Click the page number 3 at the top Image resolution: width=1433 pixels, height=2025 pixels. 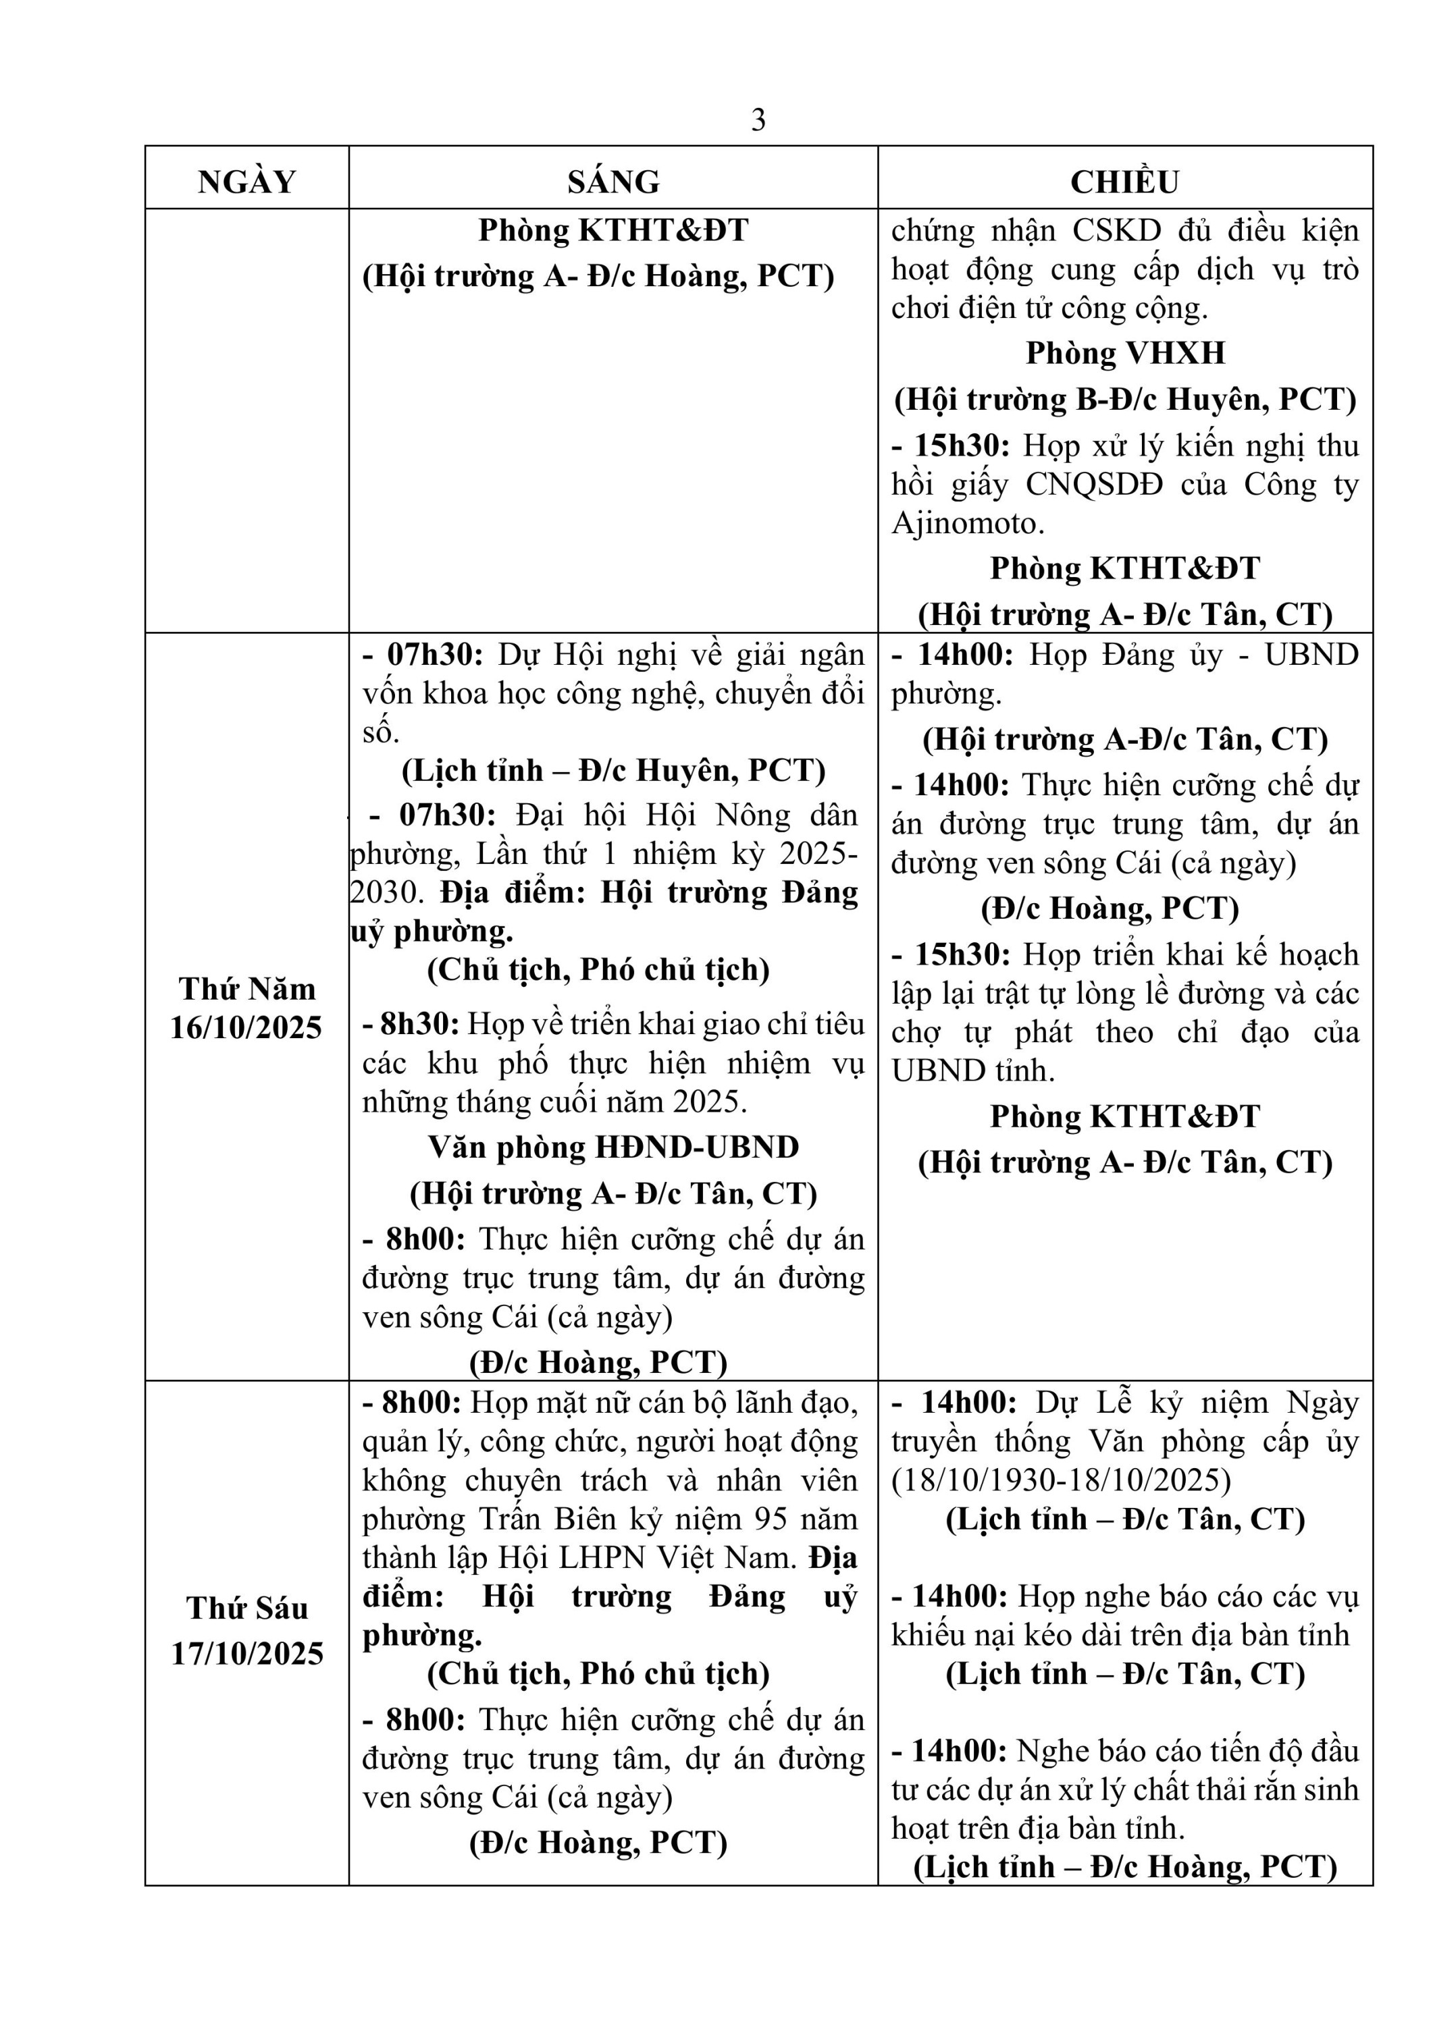(x=758, y=120)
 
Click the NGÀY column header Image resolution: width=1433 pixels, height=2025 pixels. (x=247, y=182)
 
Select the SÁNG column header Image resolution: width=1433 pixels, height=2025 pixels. (x=613, y=182)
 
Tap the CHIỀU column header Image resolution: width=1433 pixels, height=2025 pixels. (x=1124, y=182)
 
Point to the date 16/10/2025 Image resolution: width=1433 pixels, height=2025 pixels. (x=246, y=1029)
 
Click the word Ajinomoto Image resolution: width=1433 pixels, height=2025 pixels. (x=968, y=524)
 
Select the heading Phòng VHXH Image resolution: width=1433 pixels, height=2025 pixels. (x=1125, y=354)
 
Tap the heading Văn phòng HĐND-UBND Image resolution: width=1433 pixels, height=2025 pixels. (x=613, y=1147)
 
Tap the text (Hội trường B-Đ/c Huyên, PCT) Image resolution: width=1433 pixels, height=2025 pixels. (x=1125, y=400)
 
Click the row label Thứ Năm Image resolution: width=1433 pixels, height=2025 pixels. (x=247, y=990)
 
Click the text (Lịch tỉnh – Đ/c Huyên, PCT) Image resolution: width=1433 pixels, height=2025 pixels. (x=613, y=771)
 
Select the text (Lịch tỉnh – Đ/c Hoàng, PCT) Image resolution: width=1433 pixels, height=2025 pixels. (x=1125, y=1867)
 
